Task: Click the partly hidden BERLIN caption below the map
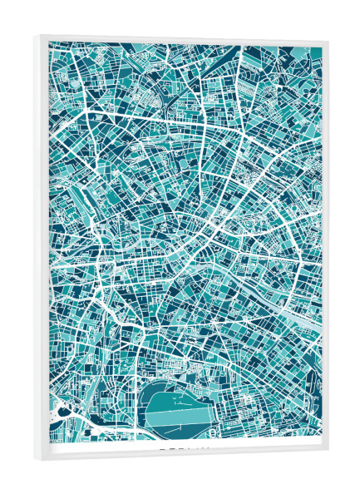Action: (185, 450)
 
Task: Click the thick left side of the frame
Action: (42, 249)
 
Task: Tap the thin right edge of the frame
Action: (326, 249)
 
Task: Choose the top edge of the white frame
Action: (183, 38)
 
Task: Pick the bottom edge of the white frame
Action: (183, 453)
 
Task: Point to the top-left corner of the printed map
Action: (49, 43)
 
